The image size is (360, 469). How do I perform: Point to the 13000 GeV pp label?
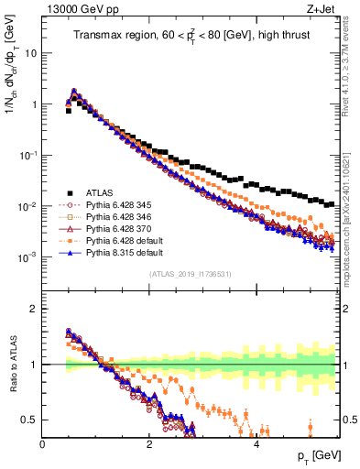pyautogui.click(x=74, y=8)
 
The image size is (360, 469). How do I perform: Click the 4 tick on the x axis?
pyautogui.click(x=256, y=443)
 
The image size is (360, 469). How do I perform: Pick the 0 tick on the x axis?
pyautogui.click(x=42, y=443)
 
